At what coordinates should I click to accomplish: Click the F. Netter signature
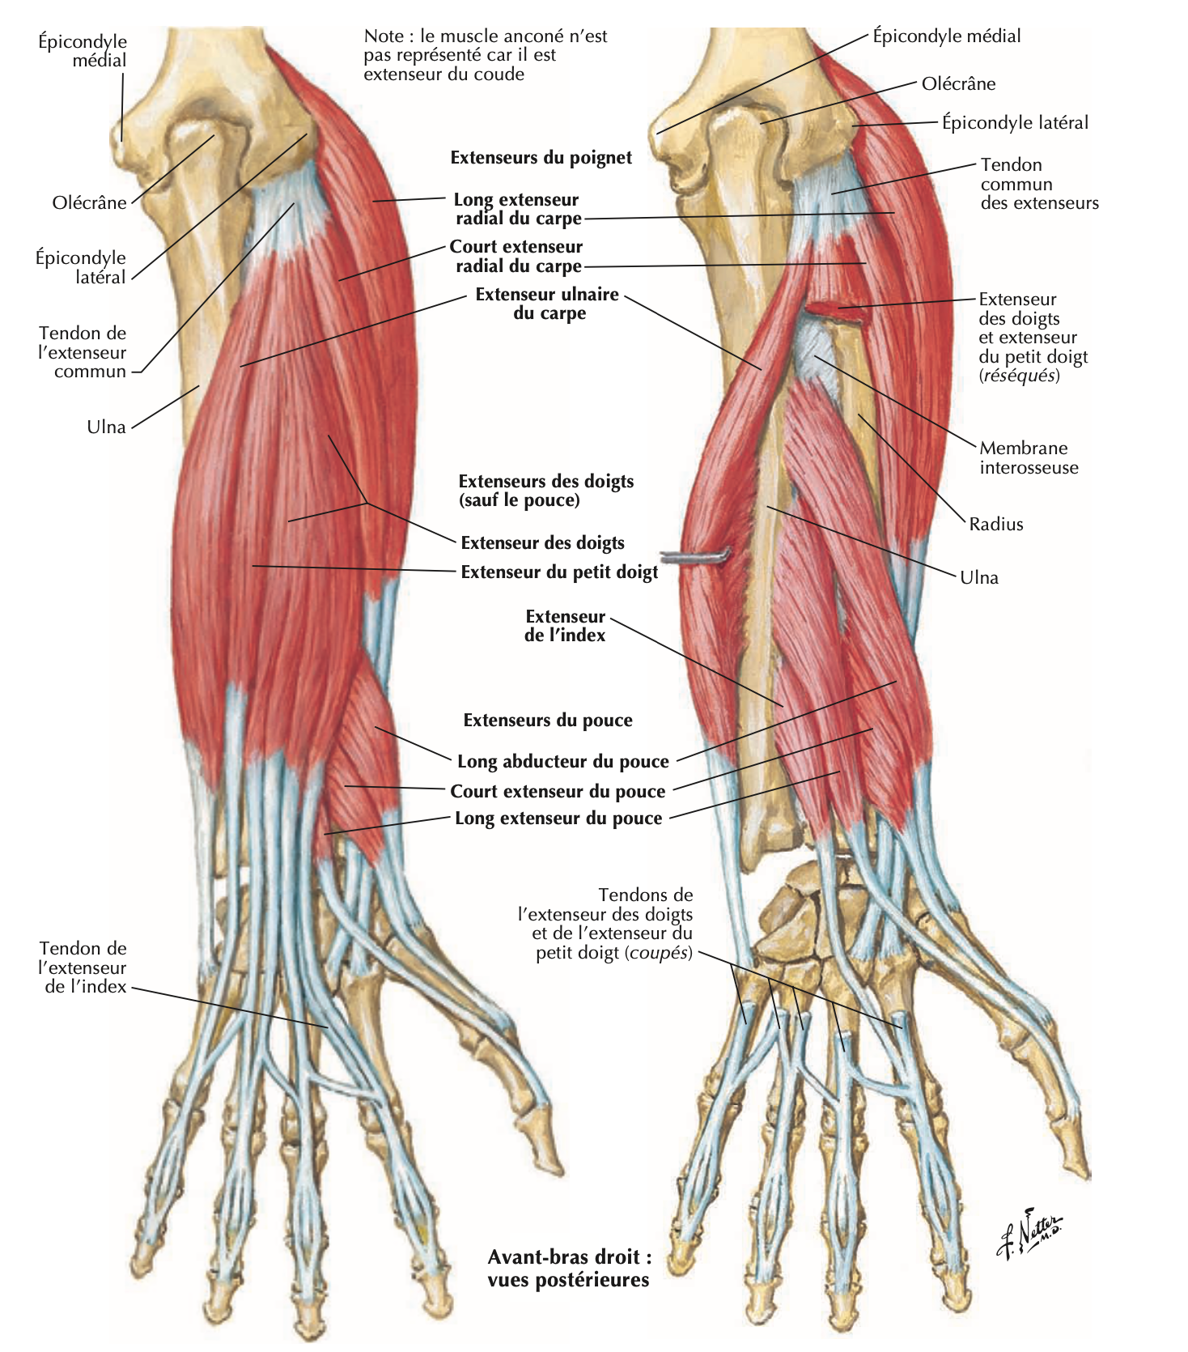tap(1029, 1232)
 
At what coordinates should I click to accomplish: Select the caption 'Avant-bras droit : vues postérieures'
tap(568, 1268)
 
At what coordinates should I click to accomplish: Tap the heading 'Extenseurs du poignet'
tap(541, 158)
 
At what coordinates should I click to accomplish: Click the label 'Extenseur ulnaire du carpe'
tap(548, 304)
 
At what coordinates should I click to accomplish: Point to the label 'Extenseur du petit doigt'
tap(559, 572)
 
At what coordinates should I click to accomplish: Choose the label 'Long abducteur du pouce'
tap(562, 761)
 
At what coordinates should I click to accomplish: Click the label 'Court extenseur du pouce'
tap(558, 791)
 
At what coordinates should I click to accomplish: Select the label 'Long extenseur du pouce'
tap(558, 818)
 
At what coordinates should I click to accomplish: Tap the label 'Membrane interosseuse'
tap(1029, 457)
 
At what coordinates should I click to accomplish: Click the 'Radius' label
tap(996, 524)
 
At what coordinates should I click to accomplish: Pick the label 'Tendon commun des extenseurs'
tap(1039, 184)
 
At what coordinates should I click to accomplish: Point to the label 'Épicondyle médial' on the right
tap(946, 36)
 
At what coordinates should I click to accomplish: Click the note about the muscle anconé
tap(485, 55)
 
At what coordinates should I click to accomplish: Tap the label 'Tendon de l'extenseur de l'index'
tap(83, 967)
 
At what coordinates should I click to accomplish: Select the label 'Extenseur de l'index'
tap(565, 626)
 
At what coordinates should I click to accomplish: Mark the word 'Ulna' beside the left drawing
tap(106, 427)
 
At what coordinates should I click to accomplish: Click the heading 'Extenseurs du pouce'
tap(548, 721)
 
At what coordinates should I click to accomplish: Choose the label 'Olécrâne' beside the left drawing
tap(89, 202)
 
